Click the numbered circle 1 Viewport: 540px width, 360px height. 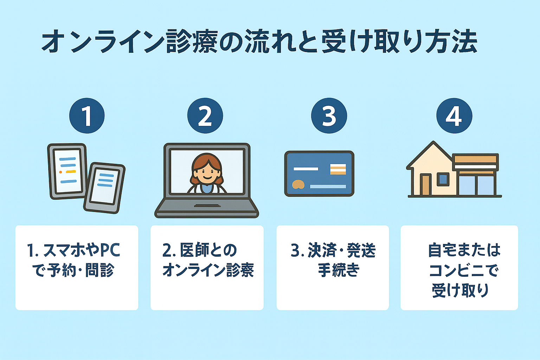[x=87, y=116]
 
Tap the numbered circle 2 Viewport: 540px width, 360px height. [x=205, y=116]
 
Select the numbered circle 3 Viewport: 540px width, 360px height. [x=329, y=116]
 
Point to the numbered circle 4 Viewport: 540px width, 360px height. [x=454, y=116]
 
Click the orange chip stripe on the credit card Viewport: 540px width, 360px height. [x=338, y=169]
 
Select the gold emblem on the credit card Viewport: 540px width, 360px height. [x=298, y=184]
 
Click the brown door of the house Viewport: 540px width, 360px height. [x=425, y=185]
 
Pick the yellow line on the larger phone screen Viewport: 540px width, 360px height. [x=71, y=172]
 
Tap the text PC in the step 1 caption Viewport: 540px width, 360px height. [x=110, y=250]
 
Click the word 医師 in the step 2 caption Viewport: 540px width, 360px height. [x=193, y=250]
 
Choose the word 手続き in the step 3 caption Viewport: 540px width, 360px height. [x=339, y=270]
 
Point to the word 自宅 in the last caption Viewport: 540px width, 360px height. [x=440, y=250]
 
